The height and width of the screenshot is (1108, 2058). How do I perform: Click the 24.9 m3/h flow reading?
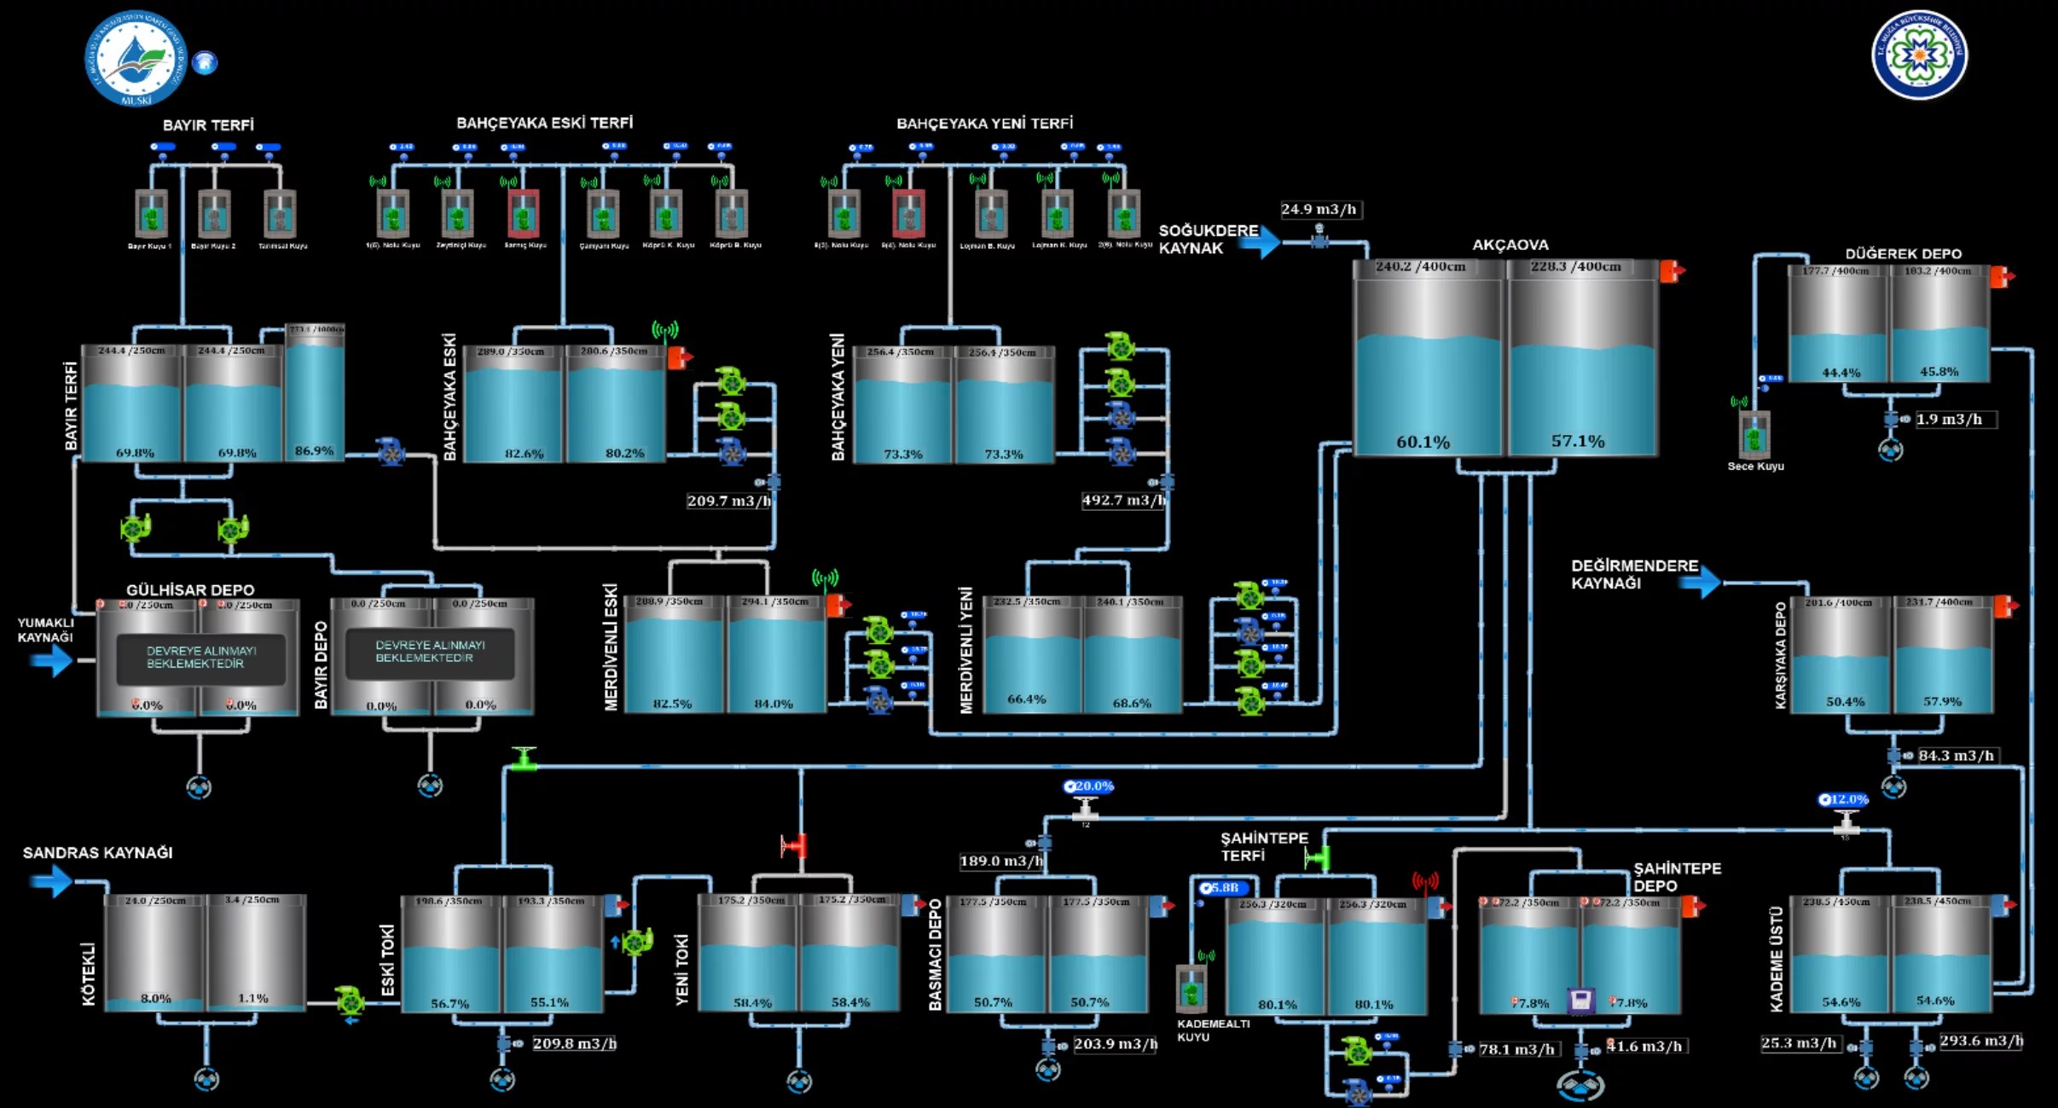1319,210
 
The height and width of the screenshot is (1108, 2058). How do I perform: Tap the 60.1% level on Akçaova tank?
1423,442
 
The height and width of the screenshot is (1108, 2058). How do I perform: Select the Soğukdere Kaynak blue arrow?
1260,242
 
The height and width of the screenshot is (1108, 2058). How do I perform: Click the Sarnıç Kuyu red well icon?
523,213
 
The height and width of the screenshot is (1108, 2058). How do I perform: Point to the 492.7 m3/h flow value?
1122,501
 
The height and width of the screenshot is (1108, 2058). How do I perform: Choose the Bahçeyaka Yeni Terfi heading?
984,124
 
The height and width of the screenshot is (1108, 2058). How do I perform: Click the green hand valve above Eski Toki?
524,758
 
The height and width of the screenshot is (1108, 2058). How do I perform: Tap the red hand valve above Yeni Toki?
794,846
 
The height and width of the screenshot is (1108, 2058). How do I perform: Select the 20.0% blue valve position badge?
1089,786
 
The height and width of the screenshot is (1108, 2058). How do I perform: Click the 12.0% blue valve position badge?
1844,800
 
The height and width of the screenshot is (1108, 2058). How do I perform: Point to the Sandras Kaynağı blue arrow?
51,880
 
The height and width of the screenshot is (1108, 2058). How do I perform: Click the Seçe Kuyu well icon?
1754,435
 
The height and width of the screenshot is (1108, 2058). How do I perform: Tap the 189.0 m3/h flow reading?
1000,861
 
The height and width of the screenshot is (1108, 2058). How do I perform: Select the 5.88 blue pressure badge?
1222,888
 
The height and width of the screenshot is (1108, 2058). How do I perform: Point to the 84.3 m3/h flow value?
1956,756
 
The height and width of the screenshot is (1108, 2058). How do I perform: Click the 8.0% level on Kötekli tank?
155,998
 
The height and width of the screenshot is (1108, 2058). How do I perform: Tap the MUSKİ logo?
135,59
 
